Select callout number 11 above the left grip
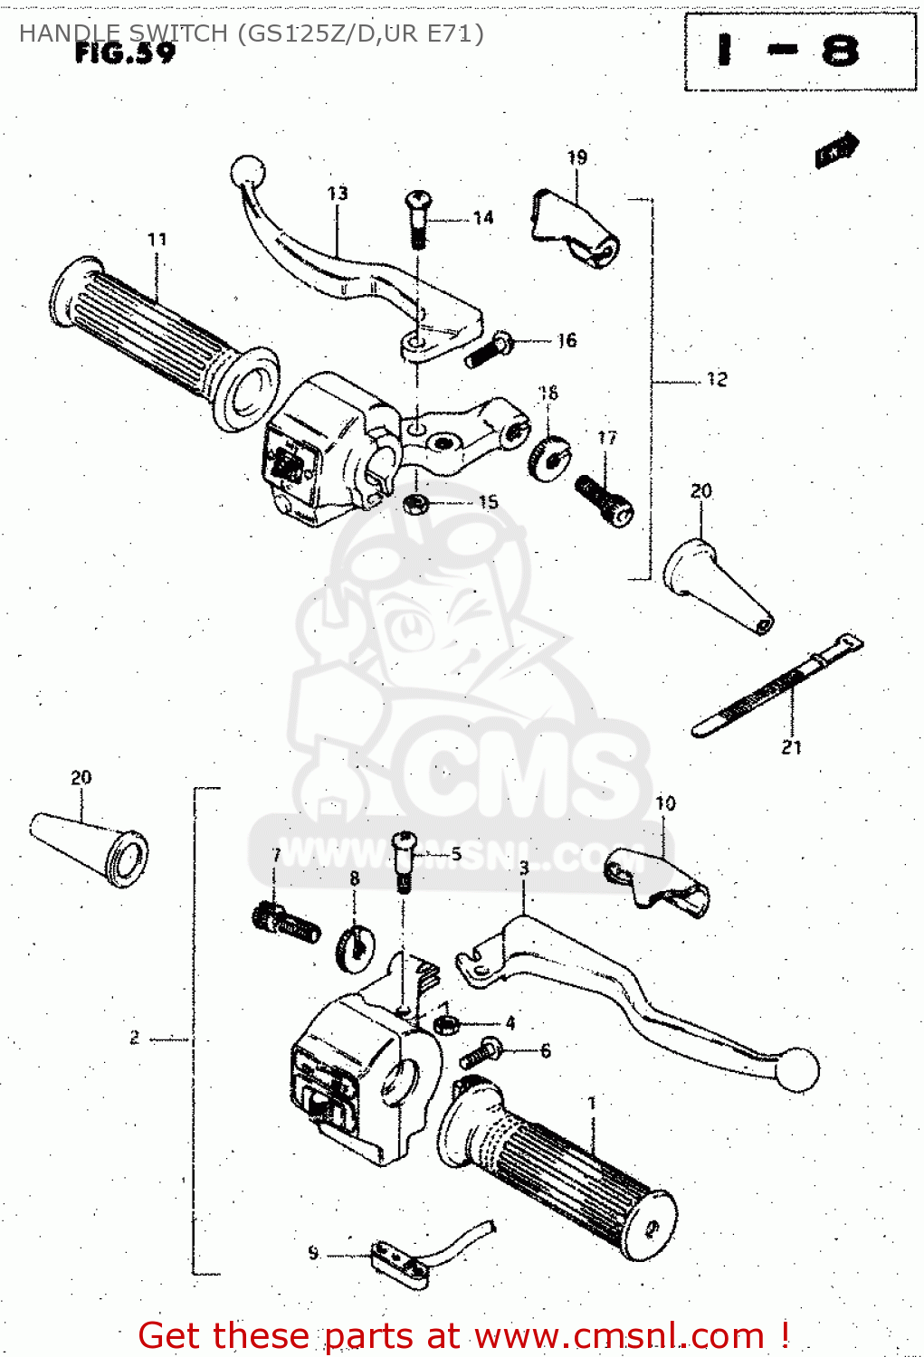tap(157, 240)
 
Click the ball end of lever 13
tap(245, 171)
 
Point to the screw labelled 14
tap(418, 216)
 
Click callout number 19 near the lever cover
tap(577, 157)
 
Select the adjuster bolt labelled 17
tap(605, 500)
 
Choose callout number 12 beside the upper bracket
tap(717, 380)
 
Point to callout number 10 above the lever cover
tap(665, 803)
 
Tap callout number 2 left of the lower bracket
tap(134, 1038)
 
